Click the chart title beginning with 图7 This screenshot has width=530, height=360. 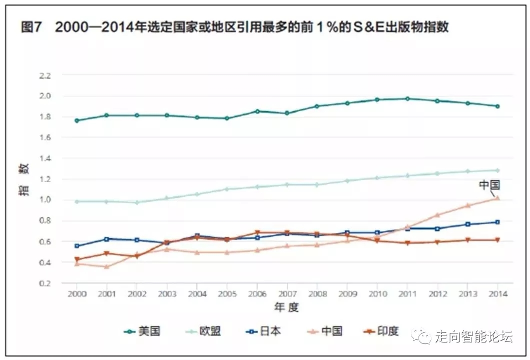[234, 27]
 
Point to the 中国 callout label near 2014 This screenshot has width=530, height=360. [489, 185]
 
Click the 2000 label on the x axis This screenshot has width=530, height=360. [77, 294]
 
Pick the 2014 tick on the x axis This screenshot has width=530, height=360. [497, 294]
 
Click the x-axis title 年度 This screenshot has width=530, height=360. [286, 307]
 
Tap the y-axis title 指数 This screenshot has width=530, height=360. [25, 180]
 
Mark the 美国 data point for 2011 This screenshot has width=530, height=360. [407, 99]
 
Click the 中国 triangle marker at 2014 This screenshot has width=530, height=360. [497, 198]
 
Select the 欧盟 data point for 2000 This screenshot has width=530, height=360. [77, 201]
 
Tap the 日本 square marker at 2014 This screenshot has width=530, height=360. [497, 222]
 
